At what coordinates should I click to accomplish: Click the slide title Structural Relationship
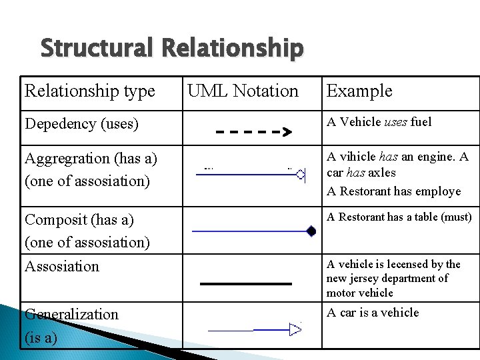click(x=172, y=49)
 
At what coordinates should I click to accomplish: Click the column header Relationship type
click(x=90, y=91)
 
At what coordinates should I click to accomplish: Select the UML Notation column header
click(x=243, y=91)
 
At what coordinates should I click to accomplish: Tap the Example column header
click(x=359, y=91)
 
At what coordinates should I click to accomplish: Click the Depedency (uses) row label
click(x=81, y=124)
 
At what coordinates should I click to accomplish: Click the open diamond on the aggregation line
click(x=301, y=175)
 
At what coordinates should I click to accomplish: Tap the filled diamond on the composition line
click(x=311, y=231)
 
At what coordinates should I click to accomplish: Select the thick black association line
click(x=246, y=283)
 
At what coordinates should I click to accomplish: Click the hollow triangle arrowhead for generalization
click(x=295, y=328)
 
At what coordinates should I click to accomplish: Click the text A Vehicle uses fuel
click(x=379, y=122)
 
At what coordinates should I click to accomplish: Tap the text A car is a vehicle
click(x=373, y=313)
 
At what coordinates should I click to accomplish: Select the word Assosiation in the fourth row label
click(x=62, y=267)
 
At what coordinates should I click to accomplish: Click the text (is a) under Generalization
click(x=41, y=337)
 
